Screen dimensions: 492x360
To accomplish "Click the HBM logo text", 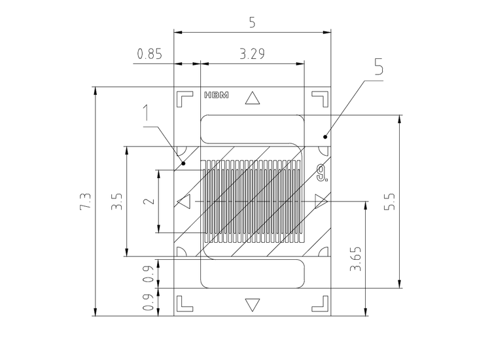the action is [x=217, y=95].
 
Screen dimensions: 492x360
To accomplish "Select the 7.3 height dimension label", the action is [x=85, y=201].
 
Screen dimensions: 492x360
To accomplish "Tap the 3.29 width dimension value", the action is [x=253, y=54].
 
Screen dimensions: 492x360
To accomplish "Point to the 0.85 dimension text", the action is [x=150, y=54].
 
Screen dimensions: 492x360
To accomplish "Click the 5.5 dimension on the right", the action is [x=390, y=201].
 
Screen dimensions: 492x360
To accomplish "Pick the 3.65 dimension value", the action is [x=356, y=259].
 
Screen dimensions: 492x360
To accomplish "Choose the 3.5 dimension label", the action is [x=116, y=201].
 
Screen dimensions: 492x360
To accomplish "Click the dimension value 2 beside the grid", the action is [x=149, y=201].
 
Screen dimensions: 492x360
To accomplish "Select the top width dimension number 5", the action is [x=253, y=23].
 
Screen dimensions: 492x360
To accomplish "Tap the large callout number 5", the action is [x=379, y=66].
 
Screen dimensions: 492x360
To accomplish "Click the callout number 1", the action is [x=146, y=113].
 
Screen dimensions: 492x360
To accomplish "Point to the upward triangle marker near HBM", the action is [x=253, y=98].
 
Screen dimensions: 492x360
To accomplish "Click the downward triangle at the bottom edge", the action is [x=253, y=305].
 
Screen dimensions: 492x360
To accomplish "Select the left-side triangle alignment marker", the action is [x=184, y=201].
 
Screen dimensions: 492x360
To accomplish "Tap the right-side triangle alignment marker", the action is [x=321, y=201].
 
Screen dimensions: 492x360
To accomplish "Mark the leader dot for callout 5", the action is [x=325, y=137].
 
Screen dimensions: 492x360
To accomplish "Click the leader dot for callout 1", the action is [x=184, y=163].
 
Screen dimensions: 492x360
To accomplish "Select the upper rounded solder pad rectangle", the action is [x=253, y=129].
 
